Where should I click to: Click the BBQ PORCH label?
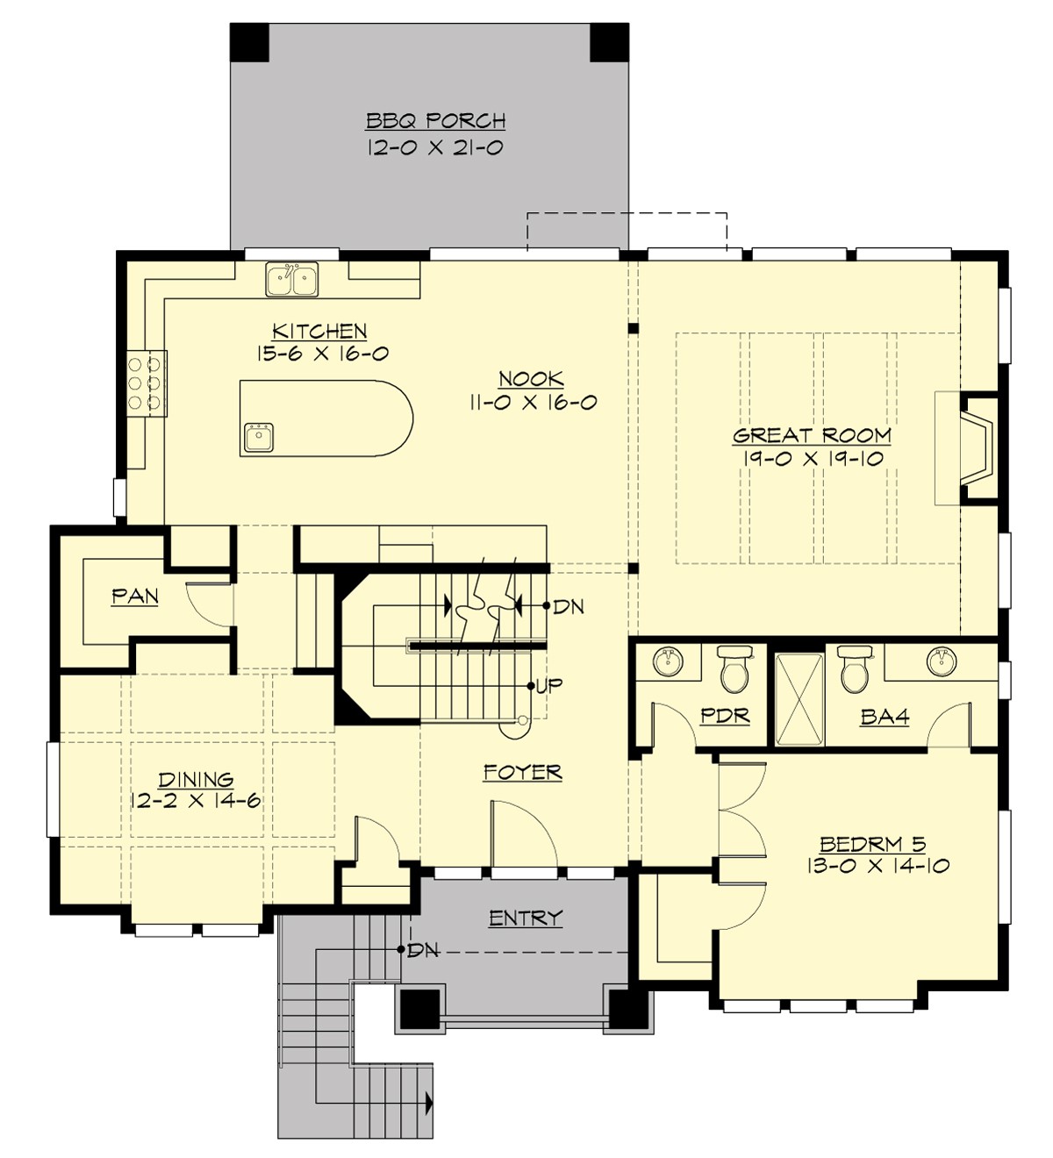(x=435, y=121)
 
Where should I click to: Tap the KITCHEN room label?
(x=319, y=332)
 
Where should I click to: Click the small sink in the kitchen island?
(x=258, y=437)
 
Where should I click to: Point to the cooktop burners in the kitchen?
(x=147, y=382)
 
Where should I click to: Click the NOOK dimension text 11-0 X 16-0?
(x=532, y=403)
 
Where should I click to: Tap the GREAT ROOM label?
(x=812, y=435)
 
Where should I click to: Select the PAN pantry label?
(x=135, y=597)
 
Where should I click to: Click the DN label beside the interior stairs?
(x=569, y=606)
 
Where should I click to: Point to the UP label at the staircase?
(x=549, y=685)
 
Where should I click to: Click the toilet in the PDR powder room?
(x=732, y=670)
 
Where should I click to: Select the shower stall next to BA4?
(x=799, y=698)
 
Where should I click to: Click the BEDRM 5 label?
(x=872, y=844)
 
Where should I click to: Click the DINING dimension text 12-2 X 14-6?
(x=197, y=800)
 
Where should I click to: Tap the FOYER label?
(x=523, y=772)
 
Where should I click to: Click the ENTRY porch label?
(x=525, y=919)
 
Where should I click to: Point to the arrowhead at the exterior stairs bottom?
(x=429, y=1100)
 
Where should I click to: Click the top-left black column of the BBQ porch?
(x=249, y=42)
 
